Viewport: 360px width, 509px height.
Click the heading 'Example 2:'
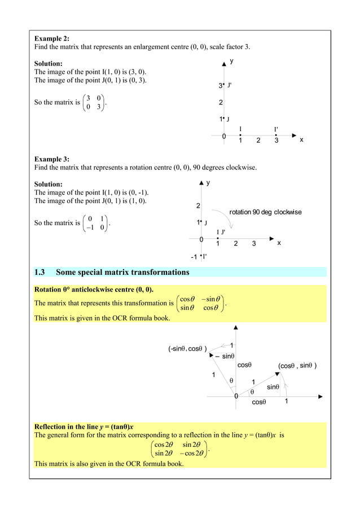pos(52,38)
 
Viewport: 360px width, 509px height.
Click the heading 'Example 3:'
pos(52,159)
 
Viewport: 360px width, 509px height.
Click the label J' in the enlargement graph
pos(231,86)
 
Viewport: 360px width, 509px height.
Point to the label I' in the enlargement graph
pos(276,130)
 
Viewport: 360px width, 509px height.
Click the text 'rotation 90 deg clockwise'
pos(265,212)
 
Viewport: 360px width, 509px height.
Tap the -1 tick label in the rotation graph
pos(194,257)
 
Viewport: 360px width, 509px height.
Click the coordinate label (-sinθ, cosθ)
pos(188,349)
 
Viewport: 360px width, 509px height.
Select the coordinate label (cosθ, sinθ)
pos(297,366)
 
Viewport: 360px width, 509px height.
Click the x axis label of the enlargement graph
pos(301,139)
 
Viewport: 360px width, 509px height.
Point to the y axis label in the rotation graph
pos(208,183)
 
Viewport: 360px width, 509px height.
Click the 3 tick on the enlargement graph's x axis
pos(276,141)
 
